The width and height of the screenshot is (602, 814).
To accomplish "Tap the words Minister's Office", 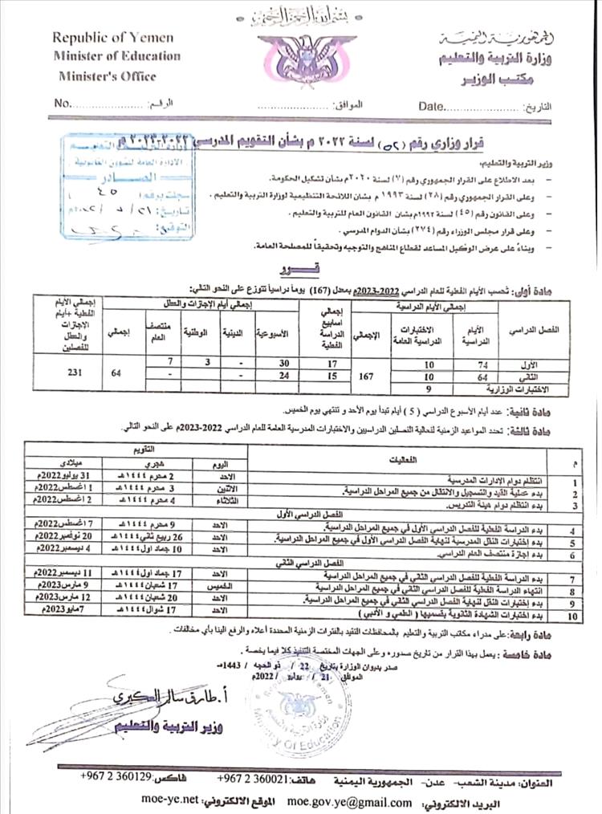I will pos(107,76).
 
